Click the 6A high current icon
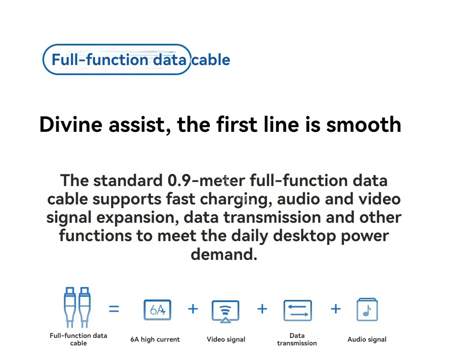157,310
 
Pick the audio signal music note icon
367,310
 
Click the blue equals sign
114,309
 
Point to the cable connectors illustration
77,307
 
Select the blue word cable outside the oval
211,60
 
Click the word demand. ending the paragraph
224,254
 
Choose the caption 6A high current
155,340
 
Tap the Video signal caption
226,340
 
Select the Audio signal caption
367,340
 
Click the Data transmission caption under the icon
297,339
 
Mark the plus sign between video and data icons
262,309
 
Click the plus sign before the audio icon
335,309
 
